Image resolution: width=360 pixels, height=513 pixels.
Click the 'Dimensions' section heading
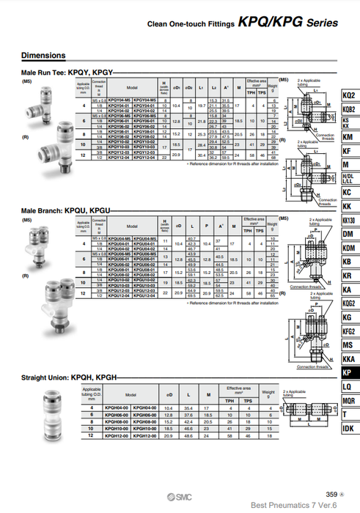pyautogui.click(x=43, y=55)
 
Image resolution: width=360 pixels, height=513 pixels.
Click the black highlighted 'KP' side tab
pyautogui.click(x=348, y=372)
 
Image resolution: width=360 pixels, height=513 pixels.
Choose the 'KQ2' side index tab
pyautogui.click(x=348, y=95)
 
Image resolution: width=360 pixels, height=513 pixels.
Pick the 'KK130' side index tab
pyautogui.click(x=348, y=220)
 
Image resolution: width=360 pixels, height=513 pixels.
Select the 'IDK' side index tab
pyautogui.click(x=348, y=428)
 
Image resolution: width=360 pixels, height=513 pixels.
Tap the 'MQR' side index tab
pyautogui.click(x=348, y=400)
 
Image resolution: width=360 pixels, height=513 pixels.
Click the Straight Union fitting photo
pyautogui.click(x=53, y=413)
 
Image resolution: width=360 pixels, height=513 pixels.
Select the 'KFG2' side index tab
pyautogui.click(x=348, y=331)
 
